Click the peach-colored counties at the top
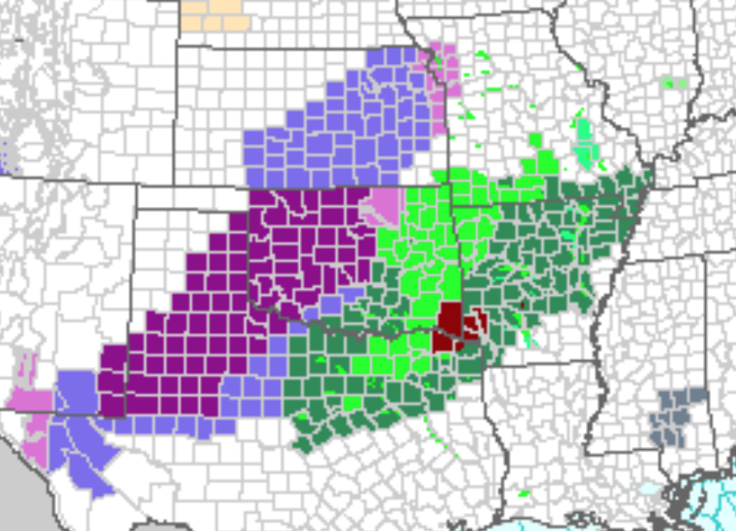point(211,15)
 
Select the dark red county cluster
point(449,327)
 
